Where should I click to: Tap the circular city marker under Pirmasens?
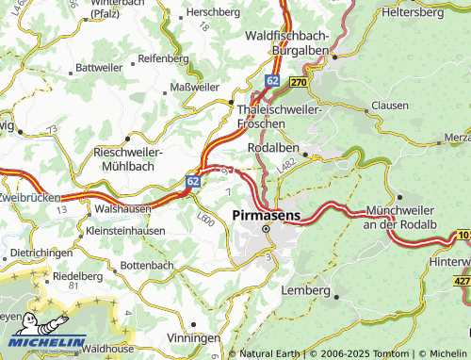click(266, 228)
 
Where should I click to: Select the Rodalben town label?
click(272, 148)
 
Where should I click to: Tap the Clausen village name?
click(390, 106)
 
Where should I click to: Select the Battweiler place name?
click(99, 68)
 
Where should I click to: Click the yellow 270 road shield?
click(299, 82)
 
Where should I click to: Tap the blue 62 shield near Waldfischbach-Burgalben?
click(271, 82)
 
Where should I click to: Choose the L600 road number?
click(204, 219)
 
